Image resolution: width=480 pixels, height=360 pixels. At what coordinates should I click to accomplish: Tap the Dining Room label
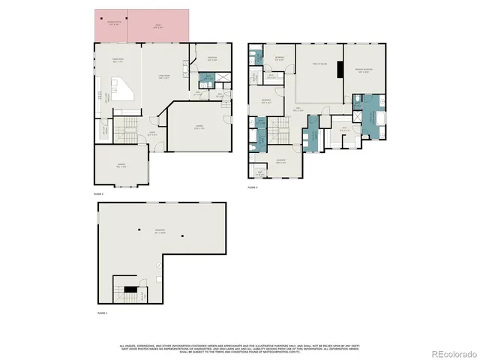(x=117, y=61)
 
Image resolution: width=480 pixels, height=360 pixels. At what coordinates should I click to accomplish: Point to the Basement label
(x=160, y=229)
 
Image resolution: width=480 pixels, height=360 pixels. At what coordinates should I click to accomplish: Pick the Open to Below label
(x=318, y=65)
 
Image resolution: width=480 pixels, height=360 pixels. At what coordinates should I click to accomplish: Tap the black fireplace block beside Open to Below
(x=340, y=72)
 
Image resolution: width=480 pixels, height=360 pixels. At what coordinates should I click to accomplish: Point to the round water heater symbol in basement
(x=157, y=279)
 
